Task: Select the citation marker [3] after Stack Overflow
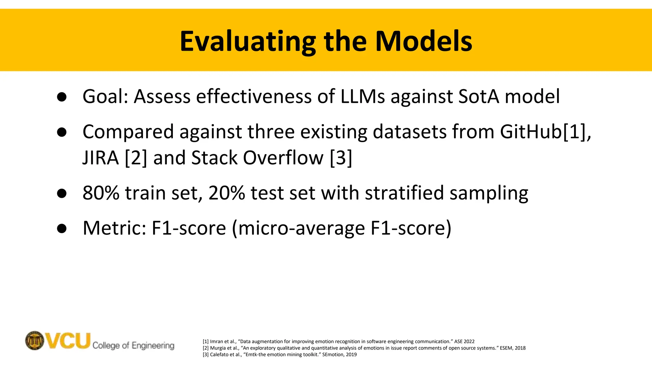[341, 158]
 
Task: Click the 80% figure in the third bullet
[101, 193]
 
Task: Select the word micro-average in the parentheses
[301, 228]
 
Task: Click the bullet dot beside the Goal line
[62, 97]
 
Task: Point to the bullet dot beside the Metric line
[62, 228]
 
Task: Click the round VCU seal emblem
[35, 341]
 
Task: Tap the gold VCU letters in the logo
[68, 341]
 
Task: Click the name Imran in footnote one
[216, 342]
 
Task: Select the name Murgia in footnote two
[217, 348]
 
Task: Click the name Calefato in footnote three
[219, 355]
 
